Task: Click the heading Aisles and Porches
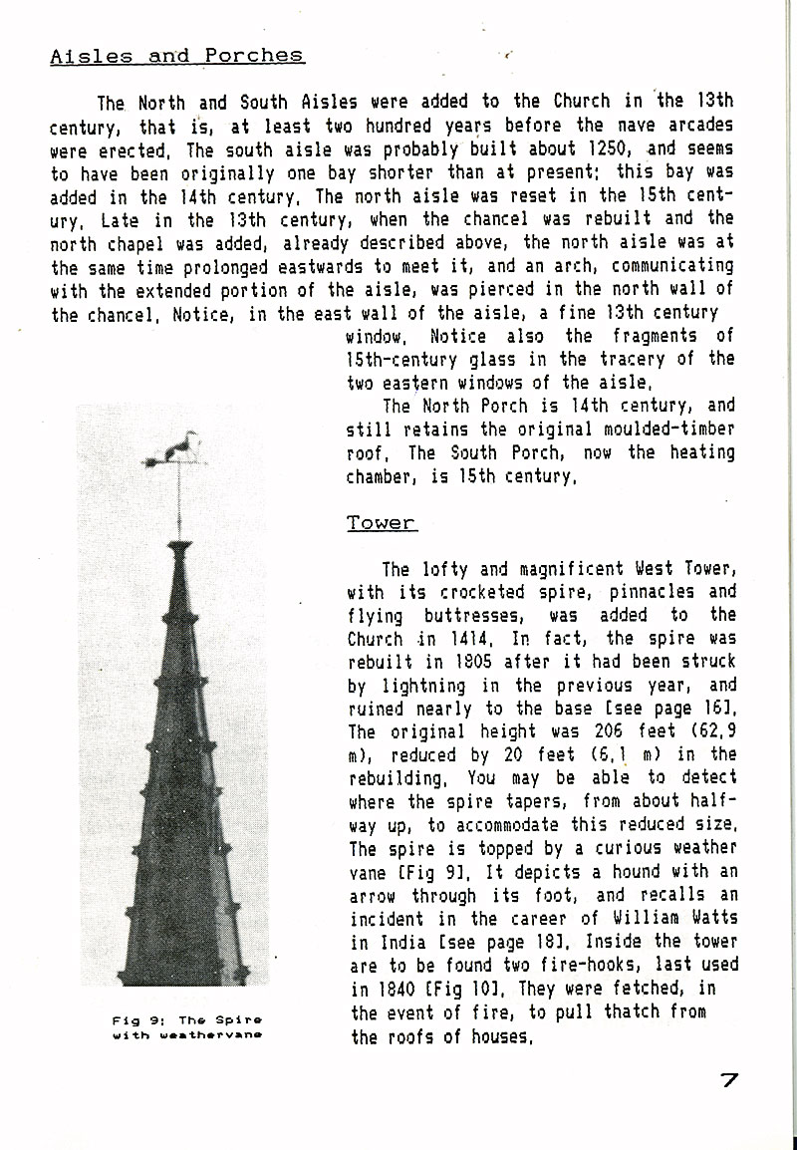pos(177,56)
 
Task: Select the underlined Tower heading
pos(382,523)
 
